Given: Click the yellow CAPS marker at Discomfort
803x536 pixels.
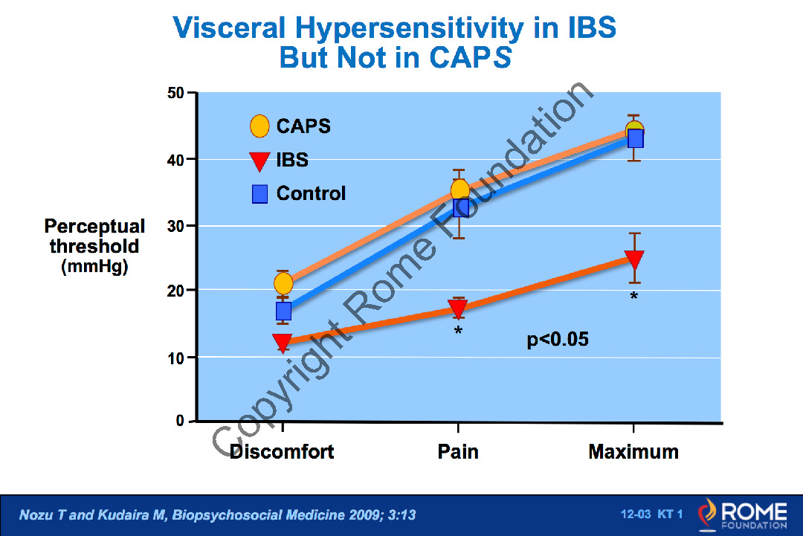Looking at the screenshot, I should pos(283,283).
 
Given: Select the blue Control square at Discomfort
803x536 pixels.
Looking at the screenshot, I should pos(283,310).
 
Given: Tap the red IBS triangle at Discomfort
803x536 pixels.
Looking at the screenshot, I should pos(283,343).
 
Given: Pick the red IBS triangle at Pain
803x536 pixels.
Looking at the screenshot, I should pos(458,308).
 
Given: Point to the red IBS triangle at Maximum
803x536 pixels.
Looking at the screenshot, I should pos(634,259).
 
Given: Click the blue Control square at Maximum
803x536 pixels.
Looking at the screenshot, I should pos(635,139).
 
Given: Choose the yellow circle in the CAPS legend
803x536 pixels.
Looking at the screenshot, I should pos(259,126).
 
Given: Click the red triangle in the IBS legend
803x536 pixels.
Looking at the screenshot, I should pos(259,160).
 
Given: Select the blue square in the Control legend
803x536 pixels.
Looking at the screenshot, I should pos(259,194).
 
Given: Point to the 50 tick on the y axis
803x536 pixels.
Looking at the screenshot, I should pos(175,94).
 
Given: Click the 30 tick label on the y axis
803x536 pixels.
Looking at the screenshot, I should pos(175,225).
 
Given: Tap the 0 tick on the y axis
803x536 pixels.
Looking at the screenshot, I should pos(180,422).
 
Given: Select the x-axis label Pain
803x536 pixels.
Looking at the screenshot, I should pos(458,452).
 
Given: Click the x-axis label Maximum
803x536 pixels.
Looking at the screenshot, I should pos(633,452).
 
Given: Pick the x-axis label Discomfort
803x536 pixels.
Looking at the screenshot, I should pos(282,452).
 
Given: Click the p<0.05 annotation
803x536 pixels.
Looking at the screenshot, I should pos(558,340).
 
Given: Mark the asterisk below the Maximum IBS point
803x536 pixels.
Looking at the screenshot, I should pos(634,297).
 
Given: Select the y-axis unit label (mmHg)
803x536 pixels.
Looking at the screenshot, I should pos(94,267).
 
